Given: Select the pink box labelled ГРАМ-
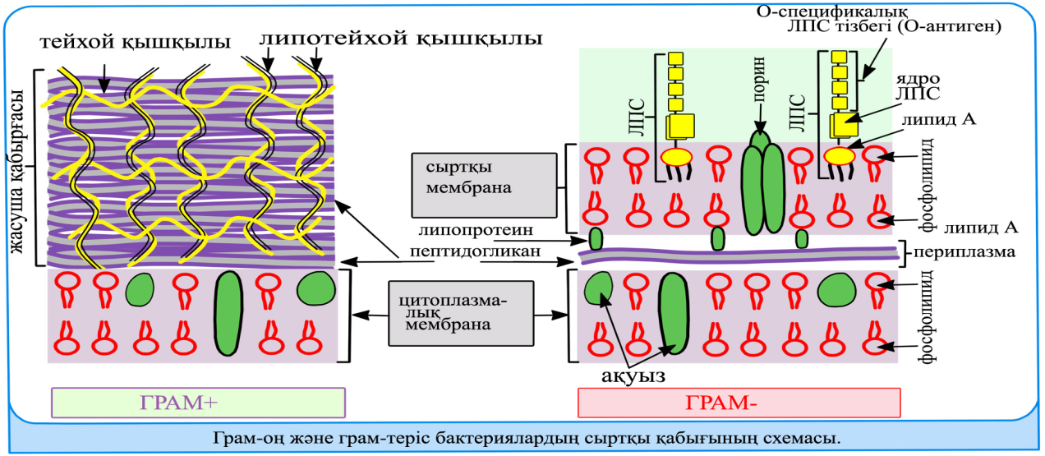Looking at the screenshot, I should (739, 402).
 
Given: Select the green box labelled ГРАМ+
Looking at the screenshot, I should (197, 402).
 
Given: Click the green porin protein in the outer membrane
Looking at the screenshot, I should (762, 180).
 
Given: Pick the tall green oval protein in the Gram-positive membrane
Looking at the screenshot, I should (229, 314).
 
